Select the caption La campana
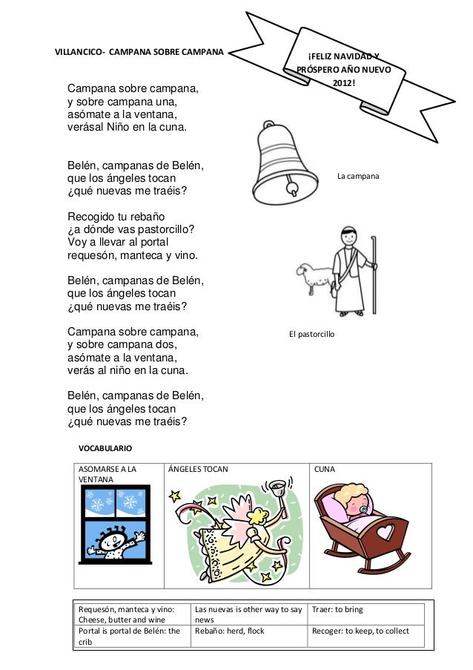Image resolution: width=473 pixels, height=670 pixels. [x=358, y=177]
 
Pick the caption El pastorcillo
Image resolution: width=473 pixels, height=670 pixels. [x=311, y=335]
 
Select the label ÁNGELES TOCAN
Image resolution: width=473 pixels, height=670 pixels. [x=199, y=470]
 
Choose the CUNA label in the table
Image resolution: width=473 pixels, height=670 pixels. [x=324, y=470]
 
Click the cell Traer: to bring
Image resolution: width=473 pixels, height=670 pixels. [x=338, y=609]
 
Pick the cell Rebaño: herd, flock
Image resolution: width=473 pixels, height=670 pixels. [x=229, y=631]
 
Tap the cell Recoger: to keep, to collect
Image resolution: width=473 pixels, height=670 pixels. [x=360, y=631]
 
